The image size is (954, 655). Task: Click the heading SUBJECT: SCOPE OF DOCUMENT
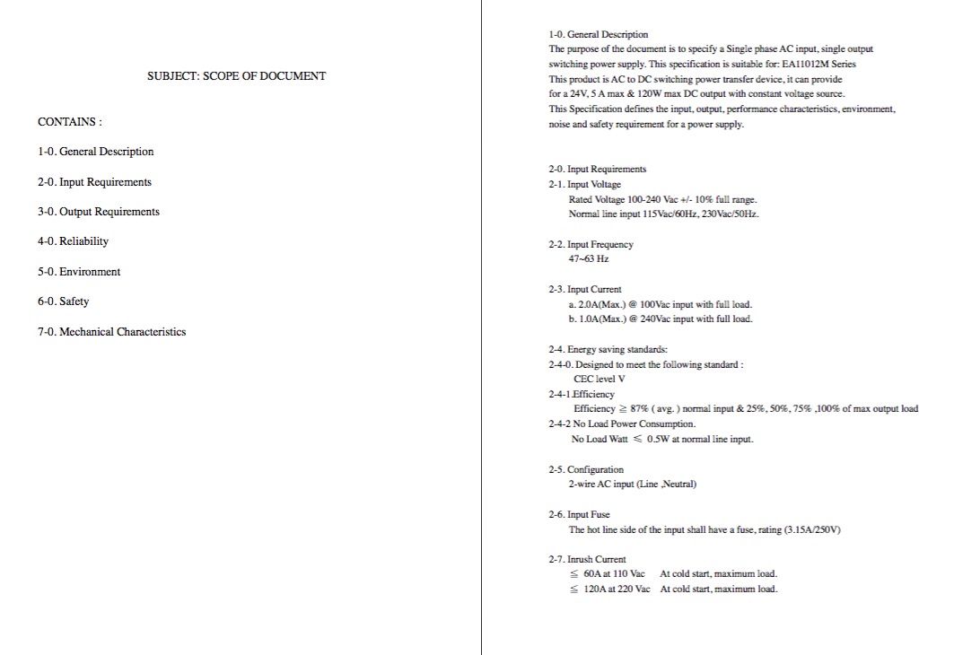[x=236, y=76]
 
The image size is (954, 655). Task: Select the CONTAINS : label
[x=69, y=121]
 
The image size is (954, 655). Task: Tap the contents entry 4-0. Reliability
[x=73, y=241]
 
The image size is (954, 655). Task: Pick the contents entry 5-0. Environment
[x=79, y=272]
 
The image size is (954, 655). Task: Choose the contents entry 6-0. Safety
[x=63, y=301]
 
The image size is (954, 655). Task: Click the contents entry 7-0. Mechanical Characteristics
[x=111, y=332]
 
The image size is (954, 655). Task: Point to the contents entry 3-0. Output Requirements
[x=99, y=212]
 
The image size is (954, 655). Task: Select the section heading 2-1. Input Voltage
[x=584, y=184]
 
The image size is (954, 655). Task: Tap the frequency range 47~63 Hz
[x=588, y=258]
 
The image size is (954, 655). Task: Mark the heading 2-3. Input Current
[x=584, y=290]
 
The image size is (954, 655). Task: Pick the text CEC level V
[x=600, y=379]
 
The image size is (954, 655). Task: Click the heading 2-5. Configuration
[x=586, y=469]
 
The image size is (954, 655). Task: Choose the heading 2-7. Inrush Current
[x=587, y=559]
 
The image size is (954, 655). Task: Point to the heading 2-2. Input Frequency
[x=591, y=244]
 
